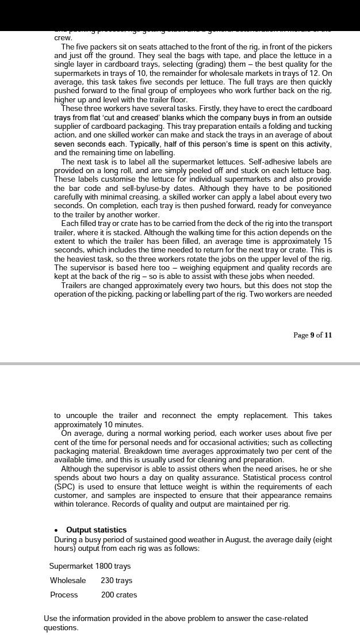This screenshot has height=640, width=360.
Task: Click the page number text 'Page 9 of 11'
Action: pyautogui.click(x=312, y=335)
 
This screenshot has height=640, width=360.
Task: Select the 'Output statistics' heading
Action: pyautogui.click(x=96, y=530)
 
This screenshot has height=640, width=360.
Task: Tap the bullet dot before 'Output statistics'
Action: pyautogui.click(x=56, y=530)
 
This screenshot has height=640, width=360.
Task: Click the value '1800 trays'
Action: pyautogui.click(x=113, y=566)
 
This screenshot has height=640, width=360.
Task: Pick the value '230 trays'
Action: pyautogui.click(x=116, y=580)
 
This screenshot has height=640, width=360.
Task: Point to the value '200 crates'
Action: pyautogui.click(x=118, y=595)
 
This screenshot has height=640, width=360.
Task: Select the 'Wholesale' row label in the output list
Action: pyautogui.click(x=68, y=580)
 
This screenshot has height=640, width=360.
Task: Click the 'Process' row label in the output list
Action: pyautogui.click(x=64, y=595)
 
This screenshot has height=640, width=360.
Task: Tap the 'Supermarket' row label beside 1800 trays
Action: pyautogui.click(x=71, y=566)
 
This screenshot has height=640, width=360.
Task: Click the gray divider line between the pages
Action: pyautogui.click(x=180, y=363)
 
